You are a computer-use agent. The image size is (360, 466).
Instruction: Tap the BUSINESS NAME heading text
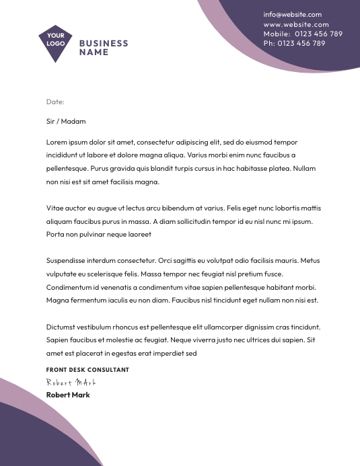[x=103, y=47]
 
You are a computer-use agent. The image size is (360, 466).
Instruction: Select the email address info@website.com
[x=292, y=14]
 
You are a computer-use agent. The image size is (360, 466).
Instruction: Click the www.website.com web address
[x=292, y=24]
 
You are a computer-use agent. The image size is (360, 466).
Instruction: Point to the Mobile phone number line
[x=302, y=34]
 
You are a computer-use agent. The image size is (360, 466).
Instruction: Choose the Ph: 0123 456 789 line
[x=294, y=43]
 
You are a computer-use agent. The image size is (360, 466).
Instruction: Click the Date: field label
[x=55, y=102]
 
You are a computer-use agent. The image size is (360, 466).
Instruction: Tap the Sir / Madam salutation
[x=66, y=122]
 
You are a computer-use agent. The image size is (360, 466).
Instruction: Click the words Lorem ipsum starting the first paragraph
[x=65, y=142]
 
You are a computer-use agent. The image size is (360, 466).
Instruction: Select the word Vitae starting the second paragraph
[x=55, y=208]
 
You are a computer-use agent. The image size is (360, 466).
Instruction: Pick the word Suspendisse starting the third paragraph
[x=66, y=260]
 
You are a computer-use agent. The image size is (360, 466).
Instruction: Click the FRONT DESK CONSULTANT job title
[x=87, y=370]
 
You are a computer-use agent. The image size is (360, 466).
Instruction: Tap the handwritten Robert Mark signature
[x=71, y=382]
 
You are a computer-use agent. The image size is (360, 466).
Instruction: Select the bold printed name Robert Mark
[x=68, y=395]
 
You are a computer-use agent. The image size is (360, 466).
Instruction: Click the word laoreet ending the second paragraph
[x=140, y=234]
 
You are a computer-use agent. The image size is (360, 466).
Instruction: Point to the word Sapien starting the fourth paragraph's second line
[x=57, y=340]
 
